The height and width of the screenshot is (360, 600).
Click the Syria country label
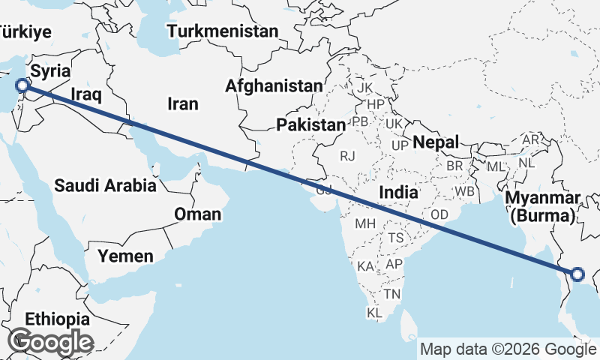(x=50, y=72)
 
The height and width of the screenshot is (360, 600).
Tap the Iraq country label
(x=85, y=94)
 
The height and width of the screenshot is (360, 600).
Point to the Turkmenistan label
(x=223, y=31)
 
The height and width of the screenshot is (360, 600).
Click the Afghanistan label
(x=274, y=86)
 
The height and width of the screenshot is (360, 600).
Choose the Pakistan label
(x=310, y=124)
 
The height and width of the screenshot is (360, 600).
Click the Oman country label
(x=197, y=214)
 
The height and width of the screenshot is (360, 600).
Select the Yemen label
(x=125, y=256)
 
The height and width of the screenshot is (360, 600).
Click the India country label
(x=397, y=193)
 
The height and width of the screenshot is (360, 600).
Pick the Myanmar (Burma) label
(x=543, y=207)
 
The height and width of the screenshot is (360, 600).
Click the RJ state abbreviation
(x=347, y=156)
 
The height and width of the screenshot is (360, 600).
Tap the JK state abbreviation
(x=365, y=88)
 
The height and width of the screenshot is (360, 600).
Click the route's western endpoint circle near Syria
(x=22, y=87)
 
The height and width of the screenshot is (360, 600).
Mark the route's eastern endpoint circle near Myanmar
(x=578, y=274)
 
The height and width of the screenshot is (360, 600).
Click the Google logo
(x=50, y=342)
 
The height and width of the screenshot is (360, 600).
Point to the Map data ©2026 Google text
(x=507, y=349)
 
